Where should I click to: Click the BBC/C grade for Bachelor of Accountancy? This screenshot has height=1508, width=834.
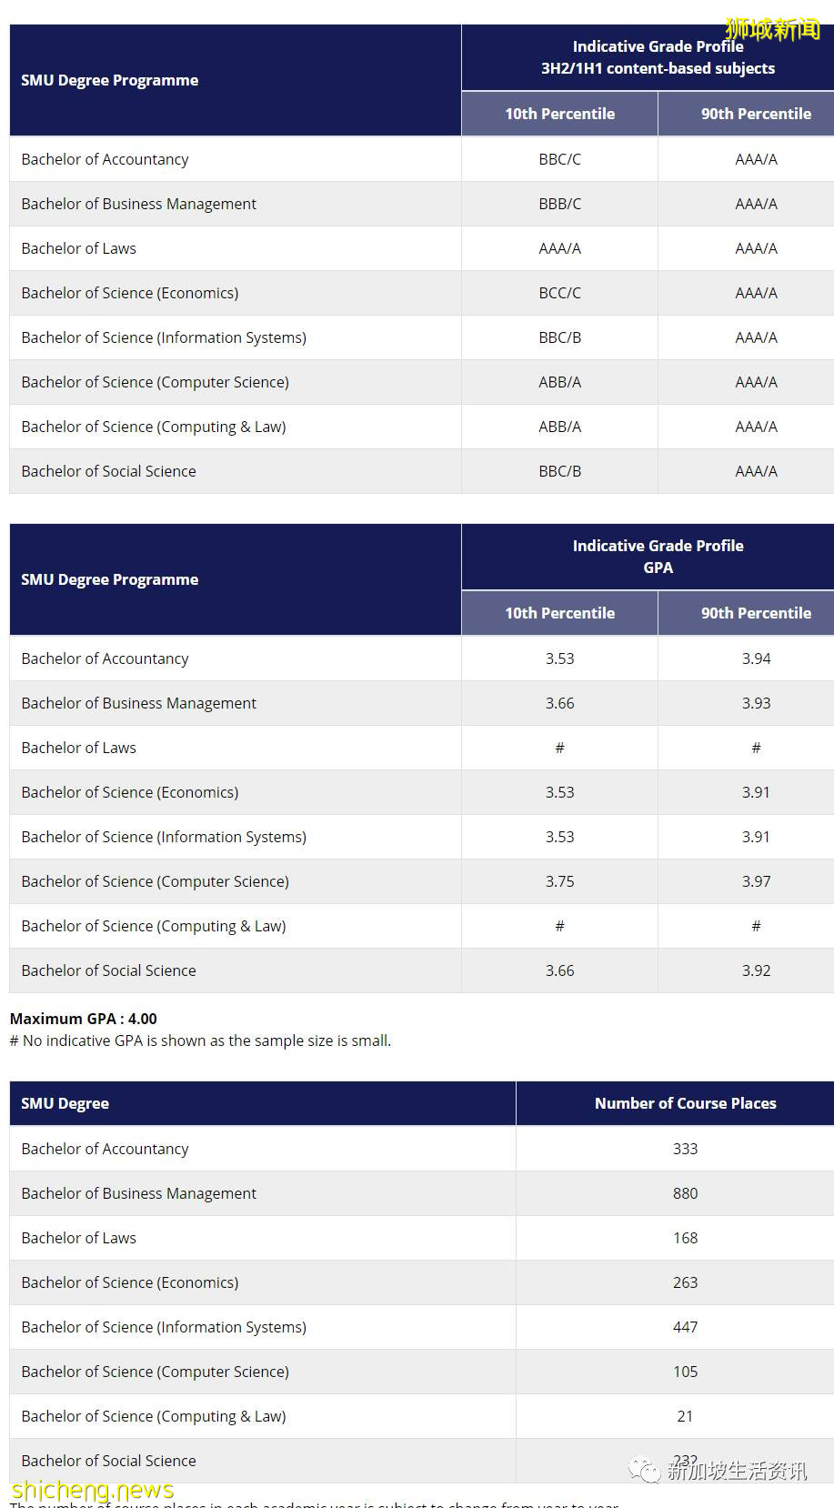coord(559,159)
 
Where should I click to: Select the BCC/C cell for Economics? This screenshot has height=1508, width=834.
coord(559,293)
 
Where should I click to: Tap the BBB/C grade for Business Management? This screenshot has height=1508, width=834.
coord(559,204)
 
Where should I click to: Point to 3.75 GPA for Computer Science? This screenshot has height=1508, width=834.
coord(559,881)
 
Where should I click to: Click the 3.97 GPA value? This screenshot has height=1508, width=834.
coord(756,881)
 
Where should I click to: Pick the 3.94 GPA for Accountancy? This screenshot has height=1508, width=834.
coord(756,658)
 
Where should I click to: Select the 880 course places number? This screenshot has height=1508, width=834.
coord(685,1193)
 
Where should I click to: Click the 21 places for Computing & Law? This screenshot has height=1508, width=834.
coord(685,1416)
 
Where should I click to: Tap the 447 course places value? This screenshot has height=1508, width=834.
coord(685,1327)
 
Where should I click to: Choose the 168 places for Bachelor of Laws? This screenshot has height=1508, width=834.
coord(685,1238)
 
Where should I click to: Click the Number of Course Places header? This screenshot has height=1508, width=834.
coord(685,1103)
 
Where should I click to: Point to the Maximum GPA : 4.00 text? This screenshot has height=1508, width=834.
coord(84,1019)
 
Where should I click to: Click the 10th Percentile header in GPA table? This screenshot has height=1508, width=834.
coord(559,613)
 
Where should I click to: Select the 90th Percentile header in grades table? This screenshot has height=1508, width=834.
coord(756,114)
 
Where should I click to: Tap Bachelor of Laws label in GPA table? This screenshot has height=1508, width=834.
coord(79,748)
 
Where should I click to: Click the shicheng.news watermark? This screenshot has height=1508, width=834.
coord(93,1490)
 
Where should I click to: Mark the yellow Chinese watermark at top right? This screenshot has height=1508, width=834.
coord(772,30)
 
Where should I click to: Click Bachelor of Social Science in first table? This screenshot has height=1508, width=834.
coord(109,471)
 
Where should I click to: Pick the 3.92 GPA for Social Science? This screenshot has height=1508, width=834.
coord(756,970)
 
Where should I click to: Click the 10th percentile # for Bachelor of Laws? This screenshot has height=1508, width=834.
coord(559,748)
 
